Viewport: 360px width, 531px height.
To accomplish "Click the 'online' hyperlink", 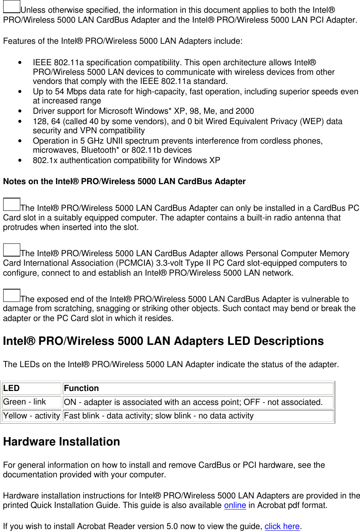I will pyautogui.click(x=235, y=506).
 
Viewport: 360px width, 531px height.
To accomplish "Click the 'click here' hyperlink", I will pyautogui.click(x=282, y=526).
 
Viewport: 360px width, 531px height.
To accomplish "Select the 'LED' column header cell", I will pyautogui.click(x=31, y=389).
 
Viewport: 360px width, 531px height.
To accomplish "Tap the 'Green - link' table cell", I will pyautogui.click(x=31, y=402).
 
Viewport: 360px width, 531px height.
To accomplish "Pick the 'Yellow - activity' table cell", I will pyautogui.click(x=31, y=416).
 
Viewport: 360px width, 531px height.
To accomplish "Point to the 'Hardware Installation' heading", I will pyautogui.click(x=61, y=442).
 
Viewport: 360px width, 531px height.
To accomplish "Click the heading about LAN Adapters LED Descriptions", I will pyautogui.click(x=163, y=341).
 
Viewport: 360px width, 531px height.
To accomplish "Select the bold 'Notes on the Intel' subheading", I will pyautogui.click(x=124, y=181).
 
